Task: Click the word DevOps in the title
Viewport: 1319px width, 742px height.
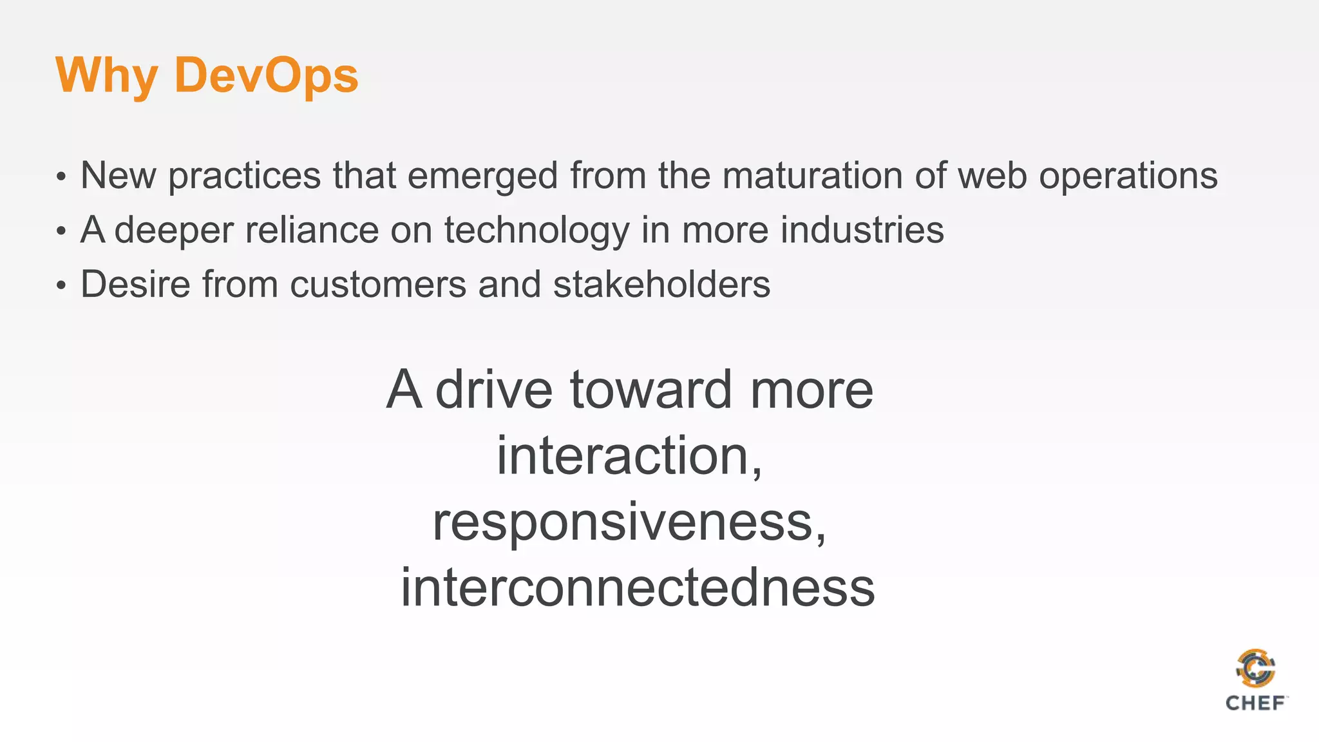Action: click(266, 75)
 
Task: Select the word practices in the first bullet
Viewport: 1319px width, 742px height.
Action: click(245, 175)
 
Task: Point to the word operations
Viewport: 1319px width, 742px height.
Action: click(1128, 175)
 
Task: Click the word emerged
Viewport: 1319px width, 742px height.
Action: click(483, 175)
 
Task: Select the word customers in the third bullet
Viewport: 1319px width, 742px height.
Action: click(378, 284)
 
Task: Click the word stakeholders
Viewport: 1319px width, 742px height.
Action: click(661, 284)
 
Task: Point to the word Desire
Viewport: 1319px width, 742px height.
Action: click(135, 284)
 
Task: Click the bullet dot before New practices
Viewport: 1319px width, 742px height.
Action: click(61, 176)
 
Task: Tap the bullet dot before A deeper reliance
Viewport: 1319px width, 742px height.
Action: click(61, 231)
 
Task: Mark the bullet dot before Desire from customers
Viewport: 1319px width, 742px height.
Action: click(61, 285)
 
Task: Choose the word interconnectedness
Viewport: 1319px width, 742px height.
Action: click(638, 587)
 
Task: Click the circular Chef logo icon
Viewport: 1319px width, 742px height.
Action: click(1255, 669)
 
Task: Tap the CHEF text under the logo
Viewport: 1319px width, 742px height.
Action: click(1255, 703)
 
